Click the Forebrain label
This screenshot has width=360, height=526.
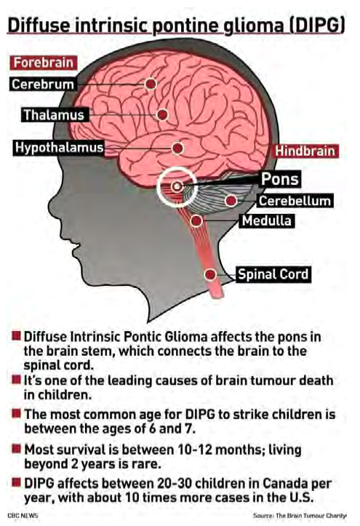43,63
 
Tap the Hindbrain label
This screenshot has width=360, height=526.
305,151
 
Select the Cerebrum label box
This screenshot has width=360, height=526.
43,84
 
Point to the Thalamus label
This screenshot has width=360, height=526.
55,115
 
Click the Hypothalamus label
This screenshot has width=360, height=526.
59,148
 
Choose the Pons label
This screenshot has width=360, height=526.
280,179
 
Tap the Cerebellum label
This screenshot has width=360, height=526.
295,201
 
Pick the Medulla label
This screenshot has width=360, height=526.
267,220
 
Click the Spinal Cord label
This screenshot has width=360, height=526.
273,274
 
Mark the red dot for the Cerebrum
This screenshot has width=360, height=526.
151,84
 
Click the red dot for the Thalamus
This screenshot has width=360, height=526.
163,115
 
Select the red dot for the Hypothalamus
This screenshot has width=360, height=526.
177,148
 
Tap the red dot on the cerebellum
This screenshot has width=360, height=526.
231,201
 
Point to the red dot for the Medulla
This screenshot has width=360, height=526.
196,220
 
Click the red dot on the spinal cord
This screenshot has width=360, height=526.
210,275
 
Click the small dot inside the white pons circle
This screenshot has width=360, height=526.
177,186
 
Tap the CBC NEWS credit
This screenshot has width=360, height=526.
23,516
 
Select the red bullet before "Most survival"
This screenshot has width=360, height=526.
16,448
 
